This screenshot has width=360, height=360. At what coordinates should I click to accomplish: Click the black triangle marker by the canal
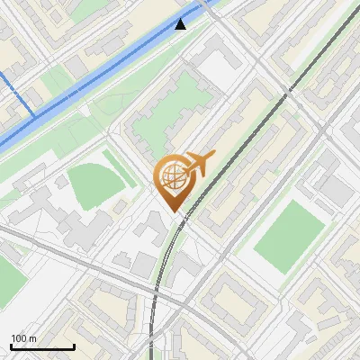181,23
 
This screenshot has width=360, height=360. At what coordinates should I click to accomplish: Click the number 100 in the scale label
19,338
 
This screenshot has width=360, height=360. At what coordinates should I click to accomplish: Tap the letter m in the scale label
33,338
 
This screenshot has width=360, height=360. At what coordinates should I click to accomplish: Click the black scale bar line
42,346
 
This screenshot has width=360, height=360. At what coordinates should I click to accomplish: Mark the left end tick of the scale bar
11,345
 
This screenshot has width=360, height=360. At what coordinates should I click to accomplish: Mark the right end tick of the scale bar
74,345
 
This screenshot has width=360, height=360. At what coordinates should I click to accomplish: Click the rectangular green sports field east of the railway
288,237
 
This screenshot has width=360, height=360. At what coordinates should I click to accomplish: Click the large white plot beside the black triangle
216,67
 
